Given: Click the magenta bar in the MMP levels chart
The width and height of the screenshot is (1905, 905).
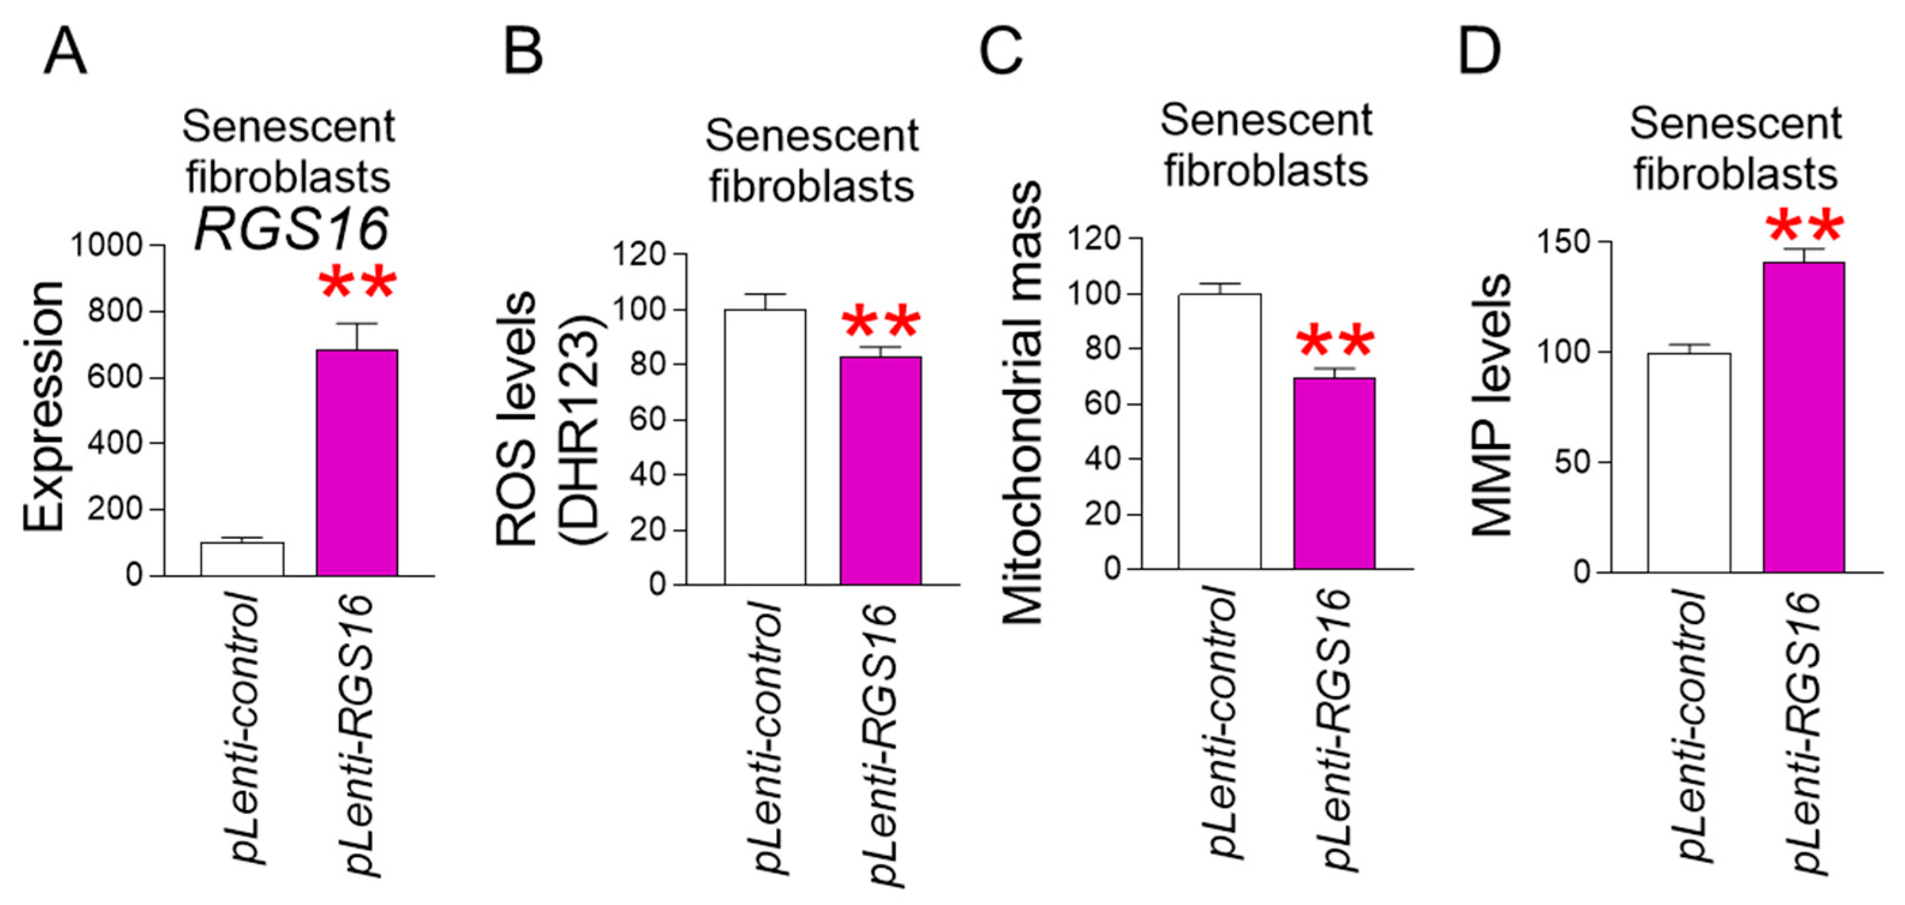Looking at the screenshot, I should [x=1804, y=417].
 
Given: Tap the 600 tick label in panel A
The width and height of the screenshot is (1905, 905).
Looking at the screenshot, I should [x=115, y=377].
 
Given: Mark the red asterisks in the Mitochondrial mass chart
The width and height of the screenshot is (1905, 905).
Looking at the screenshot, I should [x=1335, y=342].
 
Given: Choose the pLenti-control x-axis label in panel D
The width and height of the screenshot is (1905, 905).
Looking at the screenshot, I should [x=1689, y=724].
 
